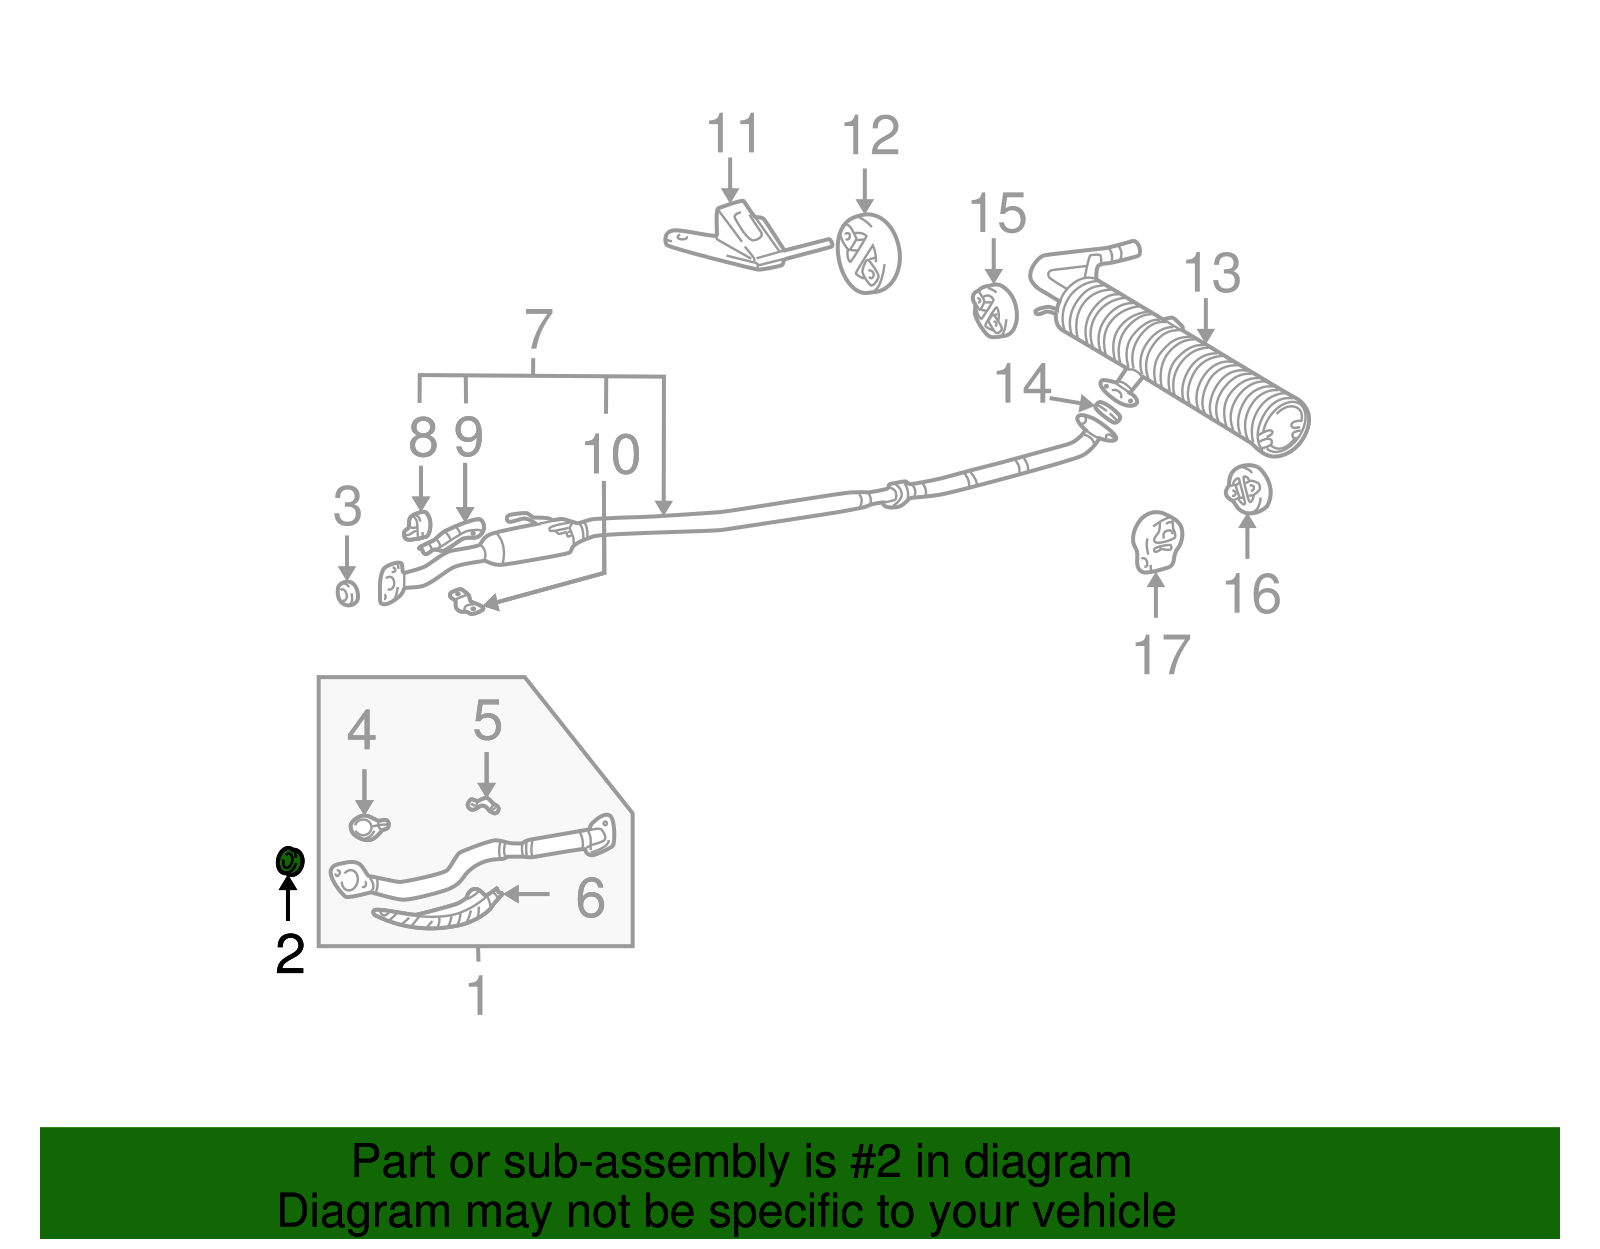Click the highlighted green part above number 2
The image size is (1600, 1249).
point(289,860)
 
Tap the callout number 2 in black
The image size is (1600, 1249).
point(289,954)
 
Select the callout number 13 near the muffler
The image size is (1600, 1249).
point(1212,273)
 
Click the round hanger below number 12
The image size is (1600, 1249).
point(868,254)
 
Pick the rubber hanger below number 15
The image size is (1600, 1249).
point(994,310)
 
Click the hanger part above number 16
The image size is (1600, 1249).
point(1247,490)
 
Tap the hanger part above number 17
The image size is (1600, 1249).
point(1157,542)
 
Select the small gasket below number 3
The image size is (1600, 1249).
point(347,592)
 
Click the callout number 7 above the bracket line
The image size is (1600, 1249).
point(538,329)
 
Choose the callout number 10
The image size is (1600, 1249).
point(611,455)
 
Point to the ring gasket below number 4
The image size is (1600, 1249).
point(366,827)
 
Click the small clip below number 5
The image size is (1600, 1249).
point(484,804)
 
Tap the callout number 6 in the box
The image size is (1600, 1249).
point(590,897)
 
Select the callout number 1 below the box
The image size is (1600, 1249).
point(478,996)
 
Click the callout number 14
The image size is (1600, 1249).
point(1022,384)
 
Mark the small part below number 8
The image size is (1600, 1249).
point(417,524)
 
